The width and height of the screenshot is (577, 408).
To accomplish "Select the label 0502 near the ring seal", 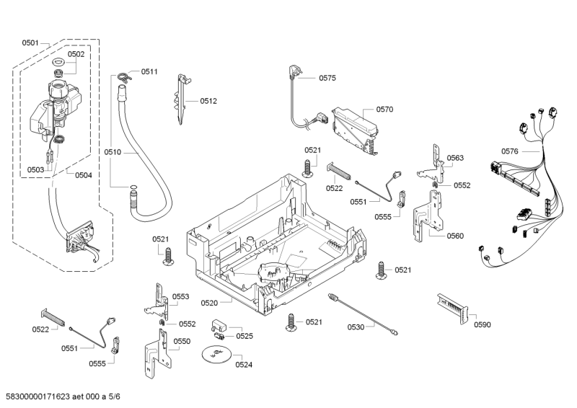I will pyautogui.click(x=76, y=54).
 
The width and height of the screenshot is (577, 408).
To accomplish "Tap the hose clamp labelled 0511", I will pyautogui.click(x=125, y=73).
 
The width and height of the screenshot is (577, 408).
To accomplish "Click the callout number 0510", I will pyautogui.click(x=113, y=152).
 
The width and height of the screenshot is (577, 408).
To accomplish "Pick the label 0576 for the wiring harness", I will pyautogui.click(x=510, y=151).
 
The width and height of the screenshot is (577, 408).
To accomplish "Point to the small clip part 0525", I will pyautogui.click(x=219, y=329).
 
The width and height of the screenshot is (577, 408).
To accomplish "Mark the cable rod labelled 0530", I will pyautogui.click(x=361, y=311).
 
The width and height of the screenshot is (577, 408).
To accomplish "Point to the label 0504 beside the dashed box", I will pyautogui.click(x=83, y=175).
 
